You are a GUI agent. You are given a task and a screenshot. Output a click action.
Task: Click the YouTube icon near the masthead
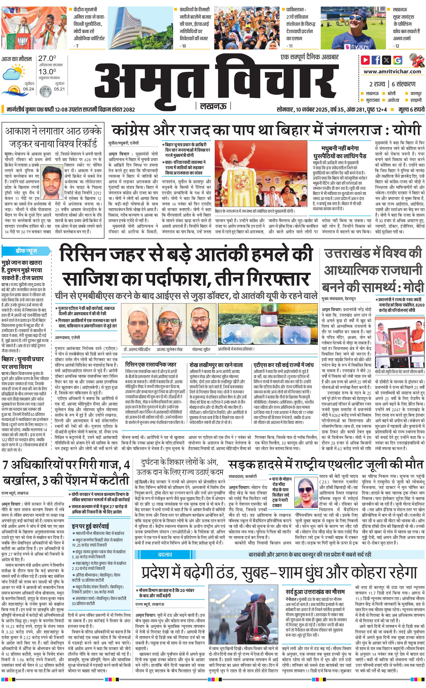point(365,60)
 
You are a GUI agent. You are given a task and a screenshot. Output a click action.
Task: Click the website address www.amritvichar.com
point(392,72)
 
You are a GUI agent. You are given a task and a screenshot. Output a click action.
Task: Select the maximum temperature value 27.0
point(47,58)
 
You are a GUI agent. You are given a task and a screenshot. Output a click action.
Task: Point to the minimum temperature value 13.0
point(47,72)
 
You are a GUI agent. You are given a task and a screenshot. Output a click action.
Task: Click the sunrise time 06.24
point(28,89)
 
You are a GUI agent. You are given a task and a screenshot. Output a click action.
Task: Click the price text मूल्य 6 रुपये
point(411,109)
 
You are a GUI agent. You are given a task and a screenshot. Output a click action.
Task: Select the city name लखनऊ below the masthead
point(213,106)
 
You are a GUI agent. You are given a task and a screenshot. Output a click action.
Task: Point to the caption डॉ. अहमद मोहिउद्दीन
point(137,349)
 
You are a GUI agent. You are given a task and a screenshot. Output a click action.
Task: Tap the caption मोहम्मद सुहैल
point(201,349)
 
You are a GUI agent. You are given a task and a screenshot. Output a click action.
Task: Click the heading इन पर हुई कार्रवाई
point(90,526)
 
